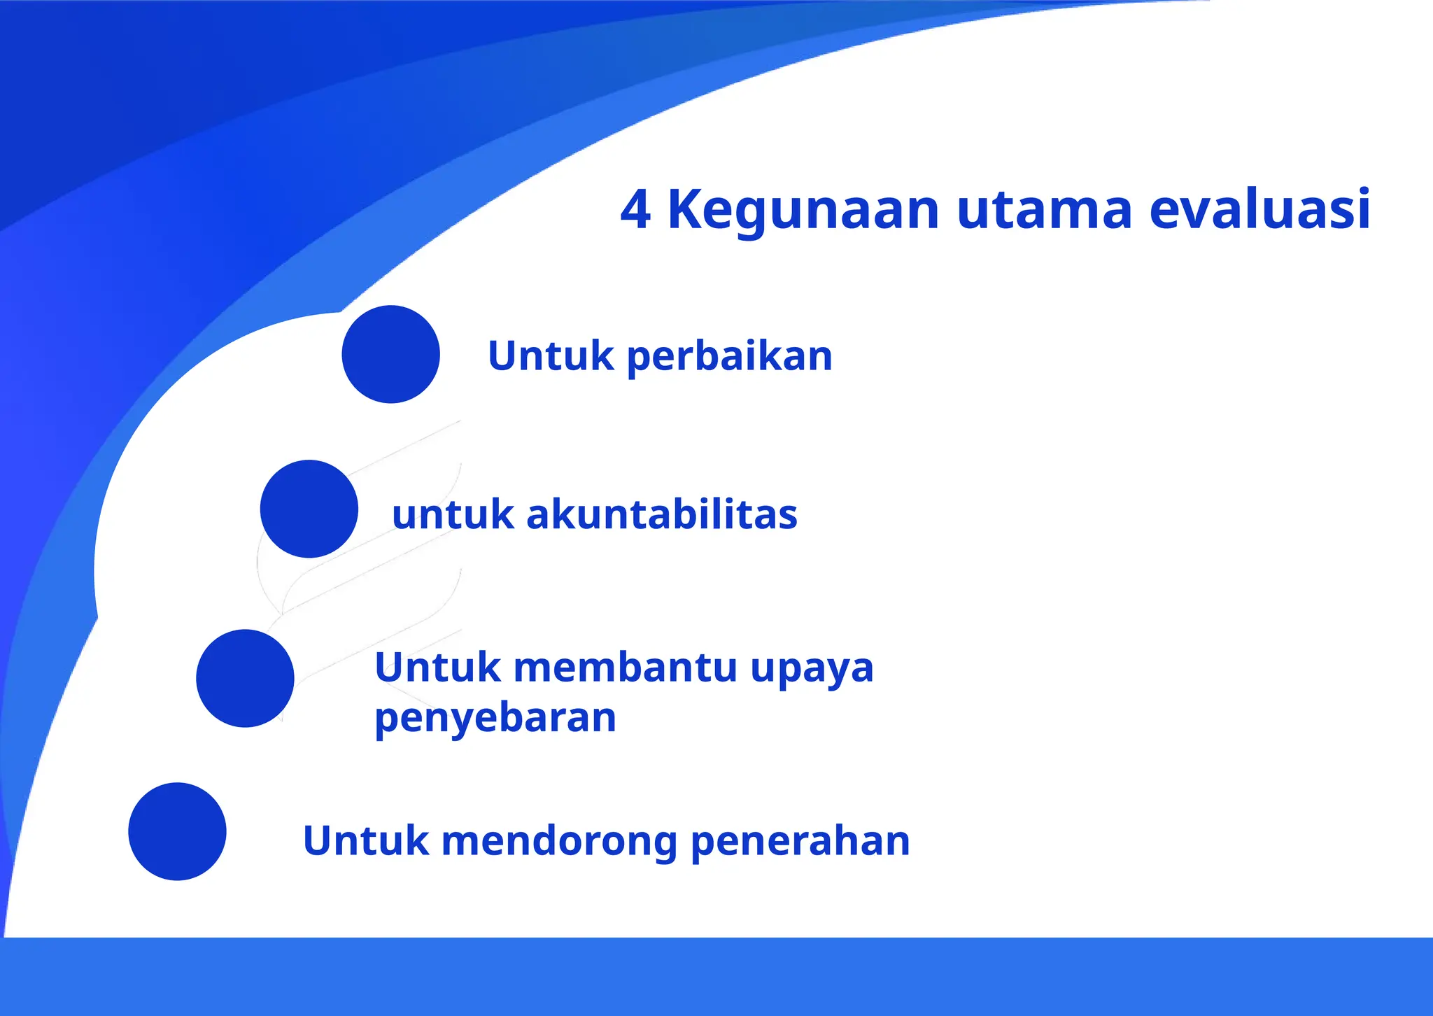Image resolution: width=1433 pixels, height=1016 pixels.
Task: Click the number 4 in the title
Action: [x=635, y=210]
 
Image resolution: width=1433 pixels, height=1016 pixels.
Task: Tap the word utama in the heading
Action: [x=1044, y=210]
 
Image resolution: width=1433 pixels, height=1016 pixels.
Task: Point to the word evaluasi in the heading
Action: [x=1259, y=210]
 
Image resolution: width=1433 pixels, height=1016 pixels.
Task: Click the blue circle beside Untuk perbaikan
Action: [x=390, y=354]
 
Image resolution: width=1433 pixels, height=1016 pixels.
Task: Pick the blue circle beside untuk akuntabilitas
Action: [x=309, y=509]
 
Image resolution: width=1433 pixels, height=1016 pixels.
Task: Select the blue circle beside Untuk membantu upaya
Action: [x=245, y=678]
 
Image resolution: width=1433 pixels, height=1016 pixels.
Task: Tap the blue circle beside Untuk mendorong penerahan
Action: [x=177, y=831]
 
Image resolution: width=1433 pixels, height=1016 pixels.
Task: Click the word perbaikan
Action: [x=729, y=357]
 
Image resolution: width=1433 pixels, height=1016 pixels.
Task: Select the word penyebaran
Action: [x=495, y=719]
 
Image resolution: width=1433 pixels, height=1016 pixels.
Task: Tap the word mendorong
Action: [x=559, y=842]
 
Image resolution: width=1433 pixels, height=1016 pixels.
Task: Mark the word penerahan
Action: [x=800, y=842]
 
